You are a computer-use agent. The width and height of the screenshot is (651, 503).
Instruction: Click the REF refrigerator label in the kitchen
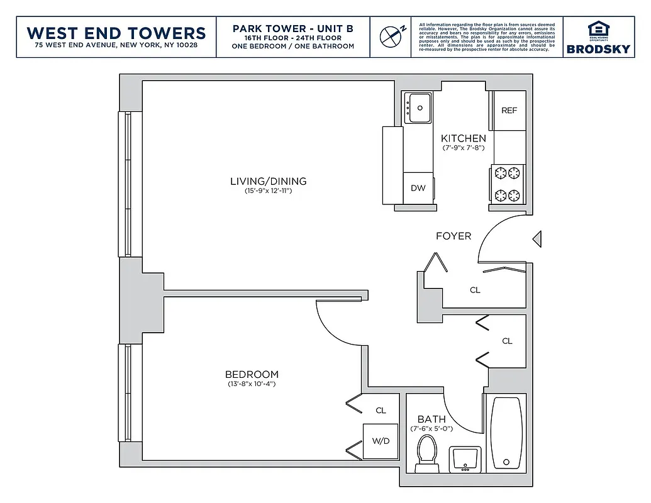509,111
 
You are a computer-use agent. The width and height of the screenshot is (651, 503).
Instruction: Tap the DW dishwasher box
418,188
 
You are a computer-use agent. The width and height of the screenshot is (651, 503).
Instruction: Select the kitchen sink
418,108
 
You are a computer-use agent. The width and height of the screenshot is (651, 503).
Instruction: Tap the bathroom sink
465,458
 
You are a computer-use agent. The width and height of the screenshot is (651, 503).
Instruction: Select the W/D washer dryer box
381,441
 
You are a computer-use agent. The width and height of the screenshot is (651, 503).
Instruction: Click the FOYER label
453,236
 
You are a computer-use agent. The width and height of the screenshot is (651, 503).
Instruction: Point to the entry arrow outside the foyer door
537,239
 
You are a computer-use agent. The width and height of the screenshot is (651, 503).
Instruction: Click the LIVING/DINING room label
268,182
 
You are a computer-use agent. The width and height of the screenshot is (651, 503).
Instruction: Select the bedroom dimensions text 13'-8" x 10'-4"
252,384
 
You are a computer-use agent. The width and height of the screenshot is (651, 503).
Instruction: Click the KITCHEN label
463,139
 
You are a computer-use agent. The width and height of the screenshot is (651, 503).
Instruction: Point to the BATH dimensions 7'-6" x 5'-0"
431,429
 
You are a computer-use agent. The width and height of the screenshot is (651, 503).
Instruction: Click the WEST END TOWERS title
116,33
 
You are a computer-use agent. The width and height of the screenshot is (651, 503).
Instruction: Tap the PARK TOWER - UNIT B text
292,29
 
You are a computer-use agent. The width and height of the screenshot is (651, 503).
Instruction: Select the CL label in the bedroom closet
381,411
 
